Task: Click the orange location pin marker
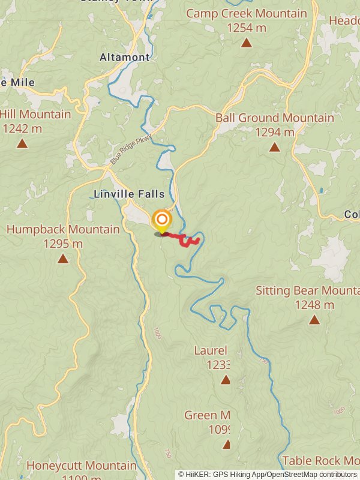pos(161,220)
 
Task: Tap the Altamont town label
pos(125,58)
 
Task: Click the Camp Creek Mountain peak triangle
pos(246,43)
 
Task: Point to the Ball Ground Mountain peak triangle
pos(274,147)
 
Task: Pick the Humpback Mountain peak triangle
pos(62,259)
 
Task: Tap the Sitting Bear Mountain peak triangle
pos(314,320)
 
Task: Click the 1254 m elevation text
pos(246,27)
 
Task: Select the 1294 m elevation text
pos(275,132)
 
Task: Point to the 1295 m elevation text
pos(63,244)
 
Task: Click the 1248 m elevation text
pos(314,305)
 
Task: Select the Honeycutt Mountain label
pos(82,466)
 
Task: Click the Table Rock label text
pos(320,461)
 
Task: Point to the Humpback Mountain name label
pos(63,229)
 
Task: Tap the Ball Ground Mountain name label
pos(275,118)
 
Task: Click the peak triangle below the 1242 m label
pos(22,143)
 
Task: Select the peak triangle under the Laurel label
pos(225,380)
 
